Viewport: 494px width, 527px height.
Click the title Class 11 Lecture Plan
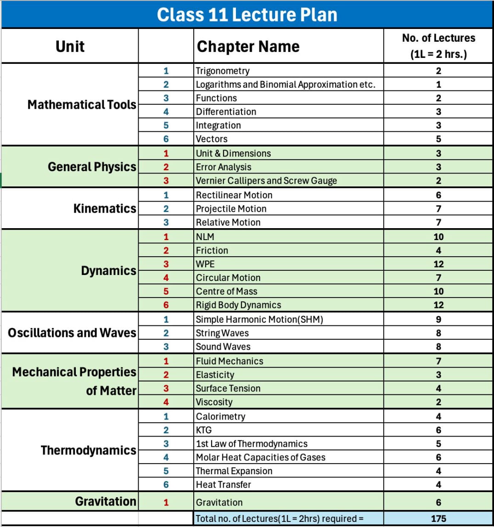(247, 15)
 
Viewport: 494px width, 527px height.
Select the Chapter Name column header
(248, 46)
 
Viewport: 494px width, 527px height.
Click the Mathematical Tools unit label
(82, 105)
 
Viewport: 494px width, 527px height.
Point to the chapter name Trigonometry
(223, 71)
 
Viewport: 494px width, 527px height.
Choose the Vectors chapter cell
(212, 139)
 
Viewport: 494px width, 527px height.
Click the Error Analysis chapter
(224, 167)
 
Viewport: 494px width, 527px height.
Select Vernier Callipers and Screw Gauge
(266, 181)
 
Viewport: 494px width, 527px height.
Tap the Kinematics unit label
(105, 209)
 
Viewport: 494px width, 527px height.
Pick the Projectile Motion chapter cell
(231, 209)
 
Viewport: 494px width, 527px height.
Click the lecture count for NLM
(438, 237)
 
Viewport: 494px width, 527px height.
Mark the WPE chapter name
(205, 264)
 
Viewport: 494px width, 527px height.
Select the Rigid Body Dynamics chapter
(238, 305)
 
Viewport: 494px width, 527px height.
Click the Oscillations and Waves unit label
(72, 332)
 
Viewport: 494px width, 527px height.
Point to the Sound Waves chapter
(223, 347)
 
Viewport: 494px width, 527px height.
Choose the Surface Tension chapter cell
(228, 388)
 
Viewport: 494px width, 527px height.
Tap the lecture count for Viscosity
(438, 402)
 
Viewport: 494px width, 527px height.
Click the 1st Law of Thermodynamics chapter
(252, 444)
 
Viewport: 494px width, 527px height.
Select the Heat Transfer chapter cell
(224, 484)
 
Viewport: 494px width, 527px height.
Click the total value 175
(438, 518)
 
